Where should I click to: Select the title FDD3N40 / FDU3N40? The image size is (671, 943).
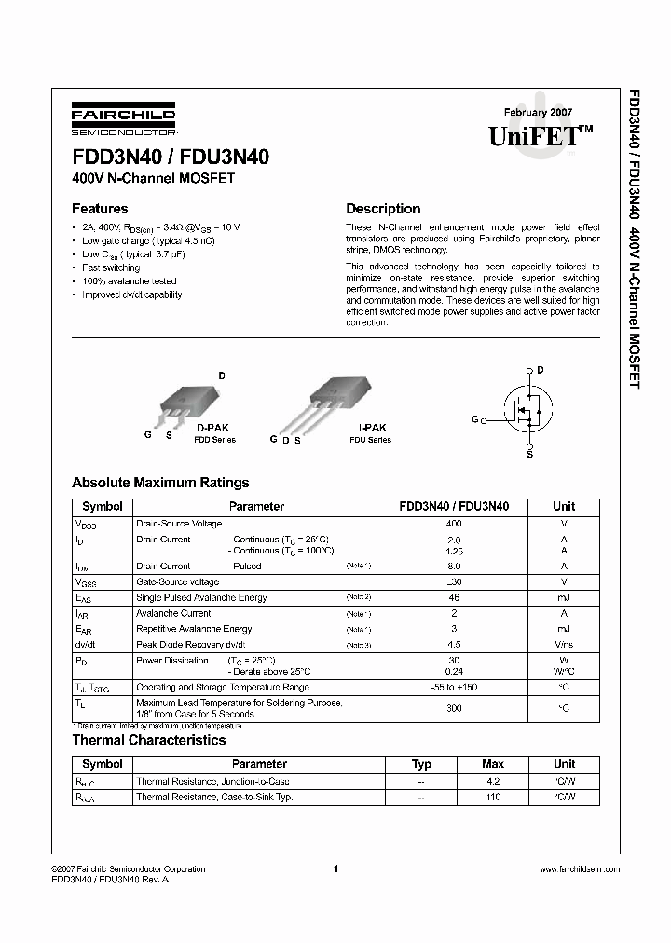[171, 157]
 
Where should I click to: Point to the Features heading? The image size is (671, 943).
[100, 209]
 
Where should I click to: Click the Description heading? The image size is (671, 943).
[383, 209]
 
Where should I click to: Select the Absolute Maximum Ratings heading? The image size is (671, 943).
[160, 483]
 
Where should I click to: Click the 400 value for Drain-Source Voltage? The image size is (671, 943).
[454, 524]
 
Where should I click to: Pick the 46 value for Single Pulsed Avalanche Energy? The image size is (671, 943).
[454, 597]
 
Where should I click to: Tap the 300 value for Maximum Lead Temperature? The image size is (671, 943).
[454, 708]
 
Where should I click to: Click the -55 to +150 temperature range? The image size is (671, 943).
[454, 688]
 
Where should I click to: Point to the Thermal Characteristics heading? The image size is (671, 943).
[149, 740]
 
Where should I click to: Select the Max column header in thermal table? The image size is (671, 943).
[493, 764]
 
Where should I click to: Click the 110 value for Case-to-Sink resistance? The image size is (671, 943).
[493, 798]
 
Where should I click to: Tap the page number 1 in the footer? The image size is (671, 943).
[335, 868]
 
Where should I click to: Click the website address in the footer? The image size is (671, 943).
[580, 869]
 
